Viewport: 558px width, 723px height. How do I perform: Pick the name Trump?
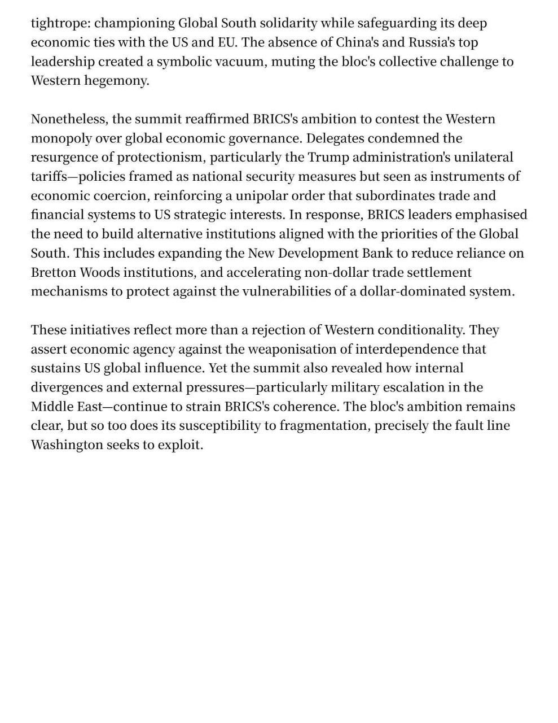328,158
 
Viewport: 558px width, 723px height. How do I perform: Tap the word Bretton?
53,273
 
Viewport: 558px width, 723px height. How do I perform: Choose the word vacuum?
238,62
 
